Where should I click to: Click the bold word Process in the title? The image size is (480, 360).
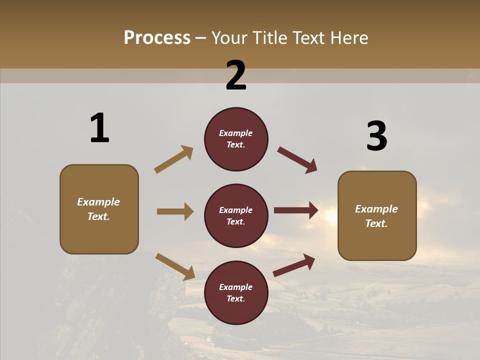157,38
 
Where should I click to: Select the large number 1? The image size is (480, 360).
99,128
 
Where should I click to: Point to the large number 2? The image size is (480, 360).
236,75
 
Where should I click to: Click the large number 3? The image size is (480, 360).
376,136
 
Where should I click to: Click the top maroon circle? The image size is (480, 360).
236,139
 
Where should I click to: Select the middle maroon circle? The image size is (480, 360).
236,216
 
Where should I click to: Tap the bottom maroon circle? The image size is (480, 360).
236,293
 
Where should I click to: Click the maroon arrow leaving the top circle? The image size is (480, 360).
297,160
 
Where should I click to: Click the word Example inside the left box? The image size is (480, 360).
98,202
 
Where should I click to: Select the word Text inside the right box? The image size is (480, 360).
376,223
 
